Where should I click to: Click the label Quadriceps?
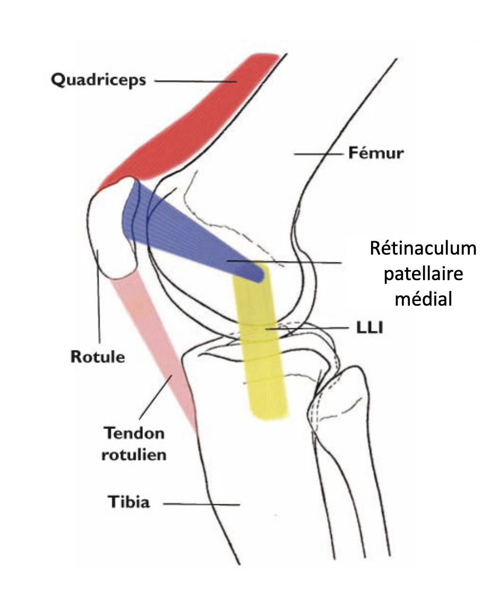pyautogui.click(x=98, y=80)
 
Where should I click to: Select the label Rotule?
pyautogui.click(x=98, y=356)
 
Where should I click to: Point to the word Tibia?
pyautogui.click(x=128, y=502)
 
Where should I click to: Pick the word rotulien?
pyautogui.click(x=134, y=454)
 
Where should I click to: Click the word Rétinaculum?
pyautogui.click(x=423, y=249)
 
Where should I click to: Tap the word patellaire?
pyautogui.click(x=423, y=274)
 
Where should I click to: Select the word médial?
pyautogui.click(x=423, y=299)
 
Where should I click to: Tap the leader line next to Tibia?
pyautogui.click(x=202, y=503)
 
